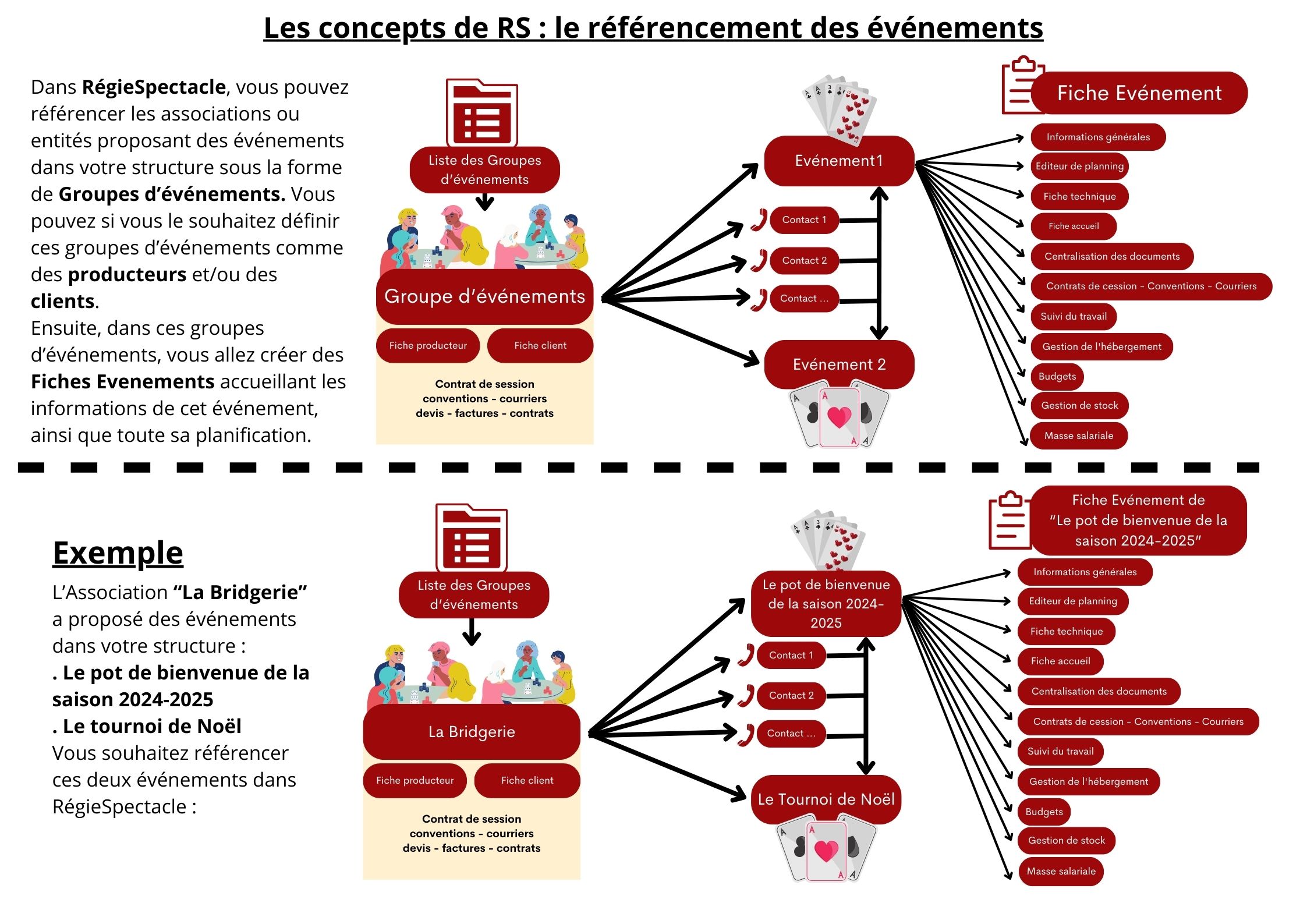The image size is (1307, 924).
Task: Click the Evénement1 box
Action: [x=838, y=161]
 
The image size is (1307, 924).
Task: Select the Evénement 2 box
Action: [x=838, y=364]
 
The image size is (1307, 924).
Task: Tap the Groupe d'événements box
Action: [x=484, y=296]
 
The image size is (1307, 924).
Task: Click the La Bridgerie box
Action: [x=472, y=732]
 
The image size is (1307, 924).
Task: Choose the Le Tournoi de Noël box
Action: [x=826, y=799]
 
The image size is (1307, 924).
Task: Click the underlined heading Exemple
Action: [x=118, y=553]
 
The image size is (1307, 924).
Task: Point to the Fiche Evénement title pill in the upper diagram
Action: [x=1139, y=93]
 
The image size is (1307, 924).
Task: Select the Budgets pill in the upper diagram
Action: [x=1057, y=376]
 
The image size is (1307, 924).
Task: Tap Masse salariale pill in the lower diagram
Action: [x=1061, y=872]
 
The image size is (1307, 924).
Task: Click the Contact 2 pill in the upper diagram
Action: [x=804, y=260]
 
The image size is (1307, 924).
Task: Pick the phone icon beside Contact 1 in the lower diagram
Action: [x=746, y=655]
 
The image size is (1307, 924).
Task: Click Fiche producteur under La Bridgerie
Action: [x=415, y=780]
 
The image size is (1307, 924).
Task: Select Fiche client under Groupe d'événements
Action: [x=540, y=345]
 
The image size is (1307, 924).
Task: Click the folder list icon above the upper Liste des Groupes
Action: [x=481, y=114]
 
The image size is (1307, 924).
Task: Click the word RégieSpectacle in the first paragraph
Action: [x=154, y=87]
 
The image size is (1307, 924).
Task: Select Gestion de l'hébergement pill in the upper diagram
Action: [x=1101, y=346]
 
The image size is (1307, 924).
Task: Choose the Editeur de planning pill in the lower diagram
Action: [x=1072, y=601]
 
